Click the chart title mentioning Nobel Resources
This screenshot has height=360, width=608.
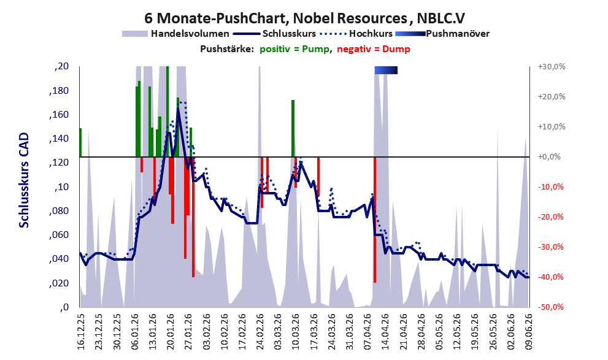point(304,18)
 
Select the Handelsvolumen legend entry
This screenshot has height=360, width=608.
point(175,34)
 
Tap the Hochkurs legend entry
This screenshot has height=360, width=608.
point(356,34)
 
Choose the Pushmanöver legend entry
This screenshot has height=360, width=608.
point(442,34)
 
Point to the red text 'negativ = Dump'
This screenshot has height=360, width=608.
point(374,49)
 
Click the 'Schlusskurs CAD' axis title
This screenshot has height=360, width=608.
point(24,180)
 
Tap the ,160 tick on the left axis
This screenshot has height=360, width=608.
point(59,115)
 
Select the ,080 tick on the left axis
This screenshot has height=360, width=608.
point(59,211)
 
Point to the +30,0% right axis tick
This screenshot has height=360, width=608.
point(552,67)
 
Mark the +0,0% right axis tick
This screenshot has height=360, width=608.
point(550,157)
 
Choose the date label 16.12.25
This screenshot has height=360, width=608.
point(80,332)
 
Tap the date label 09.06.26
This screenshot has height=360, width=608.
point(529,332)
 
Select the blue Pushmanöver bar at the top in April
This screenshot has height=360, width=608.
point(386,70)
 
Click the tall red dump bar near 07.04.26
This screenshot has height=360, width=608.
point(375,220)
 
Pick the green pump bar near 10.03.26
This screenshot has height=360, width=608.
point(293,128)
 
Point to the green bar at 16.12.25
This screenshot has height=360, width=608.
point(80,143)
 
